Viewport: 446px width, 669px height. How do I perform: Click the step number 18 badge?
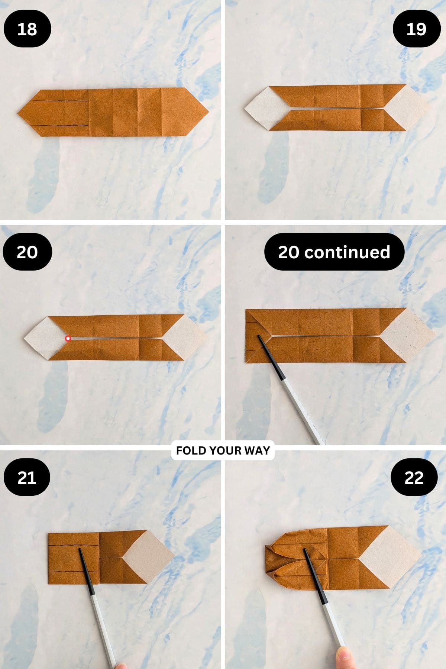point(27,29)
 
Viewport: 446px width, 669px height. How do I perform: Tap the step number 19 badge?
point(416,29)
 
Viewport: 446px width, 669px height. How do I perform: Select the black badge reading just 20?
point(27,252)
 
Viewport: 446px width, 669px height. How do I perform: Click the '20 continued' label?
point(334,252)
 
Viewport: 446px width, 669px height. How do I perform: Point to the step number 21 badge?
point(27,477)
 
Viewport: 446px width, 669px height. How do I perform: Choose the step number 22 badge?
point(414,477)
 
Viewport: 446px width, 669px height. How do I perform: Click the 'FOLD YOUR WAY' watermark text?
point(223,450)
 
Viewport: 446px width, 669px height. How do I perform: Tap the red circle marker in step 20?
point(68,338)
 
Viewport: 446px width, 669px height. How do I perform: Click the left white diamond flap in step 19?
point(265,108)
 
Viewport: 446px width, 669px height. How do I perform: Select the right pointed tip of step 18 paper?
point(207,112)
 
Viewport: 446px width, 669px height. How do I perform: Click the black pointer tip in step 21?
point(80,549)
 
